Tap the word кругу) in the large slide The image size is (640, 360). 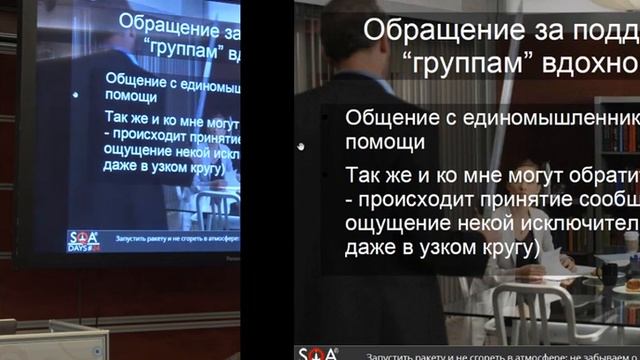point(500,245)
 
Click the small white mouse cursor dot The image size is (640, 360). point(301,147)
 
